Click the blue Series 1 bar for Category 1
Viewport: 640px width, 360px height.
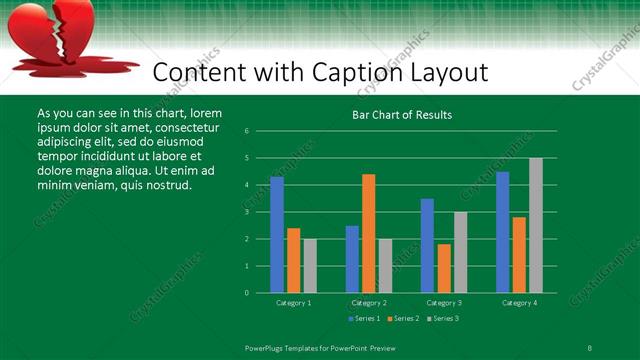(277, 235)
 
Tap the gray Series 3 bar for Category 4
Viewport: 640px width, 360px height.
(536, 226)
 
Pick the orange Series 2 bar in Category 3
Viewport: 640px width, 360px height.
(444, 269)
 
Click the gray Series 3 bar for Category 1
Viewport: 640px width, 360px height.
(310, 266)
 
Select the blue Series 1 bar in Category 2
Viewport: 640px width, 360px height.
(352, 260)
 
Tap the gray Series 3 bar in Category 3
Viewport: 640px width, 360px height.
(461, 253)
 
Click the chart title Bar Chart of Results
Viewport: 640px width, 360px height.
(402, 115)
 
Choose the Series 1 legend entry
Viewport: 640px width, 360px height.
(363, 318)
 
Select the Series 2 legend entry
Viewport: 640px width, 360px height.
(402, 318)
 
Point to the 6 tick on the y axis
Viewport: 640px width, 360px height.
(246, 131)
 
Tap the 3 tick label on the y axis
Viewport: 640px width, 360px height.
(246, 212)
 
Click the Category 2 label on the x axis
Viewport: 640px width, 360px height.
(369, 302)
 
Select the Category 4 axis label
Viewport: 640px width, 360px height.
(519, 302)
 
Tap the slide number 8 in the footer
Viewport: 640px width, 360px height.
(590, 347)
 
